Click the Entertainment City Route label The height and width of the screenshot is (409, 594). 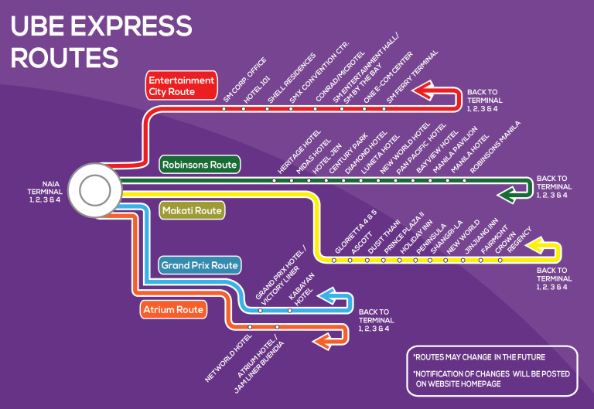[181, 86]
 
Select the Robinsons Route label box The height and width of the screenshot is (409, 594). [200, 165]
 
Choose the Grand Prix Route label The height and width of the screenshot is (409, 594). [199, 265]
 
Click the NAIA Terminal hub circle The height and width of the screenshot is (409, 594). [93, 188]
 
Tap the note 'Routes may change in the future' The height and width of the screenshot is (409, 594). [479, 358]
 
